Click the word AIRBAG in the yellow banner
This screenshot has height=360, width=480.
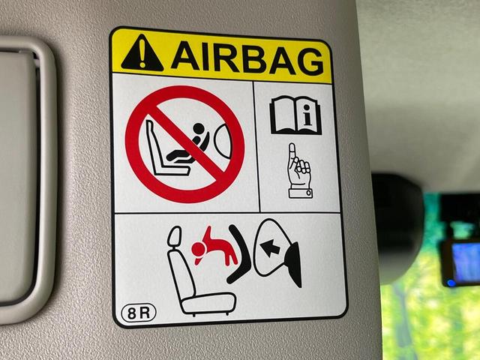(247, 58)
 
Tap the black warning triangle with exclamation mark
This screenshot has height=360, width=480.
(142, 53)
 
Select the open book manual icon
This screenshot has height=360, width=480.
(295, 115)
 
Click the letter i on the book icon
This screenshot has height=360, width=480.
(308, 118)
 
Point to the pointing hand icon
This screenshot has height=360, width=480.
(299, 171)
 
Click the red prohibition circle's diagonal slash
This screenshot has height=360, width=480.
(186, 143)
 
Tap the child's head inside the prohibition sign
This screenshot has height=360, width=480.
(198, 129)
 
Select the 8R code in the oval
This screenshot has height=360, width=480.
(139, 313)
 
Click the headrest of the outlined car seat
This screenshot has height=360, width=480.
(175, 236)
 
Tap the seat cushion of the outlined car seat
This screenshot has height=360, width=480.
(208, 303)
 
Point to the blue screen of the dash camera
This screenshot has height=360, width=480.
(466, 263)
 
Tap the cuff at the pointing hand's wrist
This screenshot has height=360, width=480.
(300, 193)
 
